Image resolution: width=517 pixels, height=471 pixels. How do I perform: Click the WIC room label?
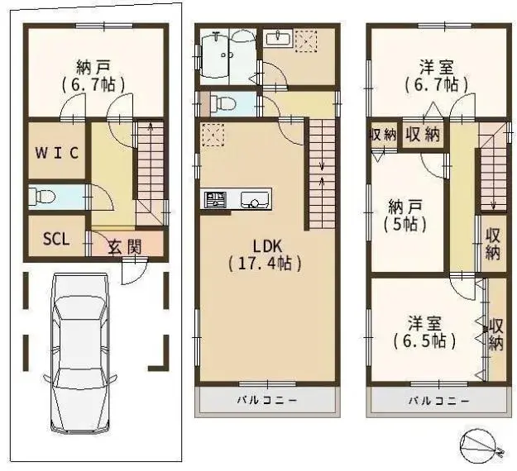click(57, 153)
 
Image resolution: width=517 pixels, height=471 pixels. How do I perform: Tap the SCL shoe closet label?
click(56, 239)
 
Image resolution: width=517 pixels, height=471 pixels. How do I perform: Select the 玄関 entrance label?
click(125, 247)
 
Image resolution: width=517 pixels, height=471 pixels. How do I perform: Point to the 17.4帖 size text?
click(265, 264)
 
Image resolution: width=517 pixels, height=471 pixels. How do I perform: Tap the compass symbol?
click(480, 445)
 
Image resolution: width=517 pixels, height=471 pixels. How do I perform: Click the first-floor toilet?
click(41, 197)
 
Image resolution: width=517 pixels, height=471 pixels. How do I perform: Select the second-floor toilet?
click(223, 104)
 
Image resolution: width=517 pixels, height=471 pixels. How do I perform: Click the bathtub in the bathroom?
click(214, 55)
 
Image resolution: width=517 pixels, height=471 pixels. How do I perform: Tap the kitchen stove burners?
click(215, 200)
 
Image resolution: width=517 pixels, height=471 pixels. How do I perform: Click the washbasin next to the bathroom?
click(279, 39)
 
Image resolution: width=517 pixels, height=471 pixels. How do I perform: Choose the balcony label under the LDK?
click(267, 401)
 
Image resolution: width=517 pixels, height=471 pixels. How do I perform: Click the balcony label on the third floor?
click(439, 401)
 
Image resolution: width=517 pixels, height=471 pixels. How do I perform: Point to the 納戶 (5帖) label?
click(405, 216)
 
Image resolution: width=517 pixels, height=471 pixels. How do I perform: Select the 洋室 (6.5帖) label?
click(425, 332)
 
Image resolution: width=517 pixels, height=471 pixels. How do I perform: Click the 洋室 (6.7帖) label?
click(437, 76)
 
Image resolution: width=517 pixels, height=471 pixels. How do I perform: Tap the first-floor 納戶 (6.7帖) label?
click(93, 76)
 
